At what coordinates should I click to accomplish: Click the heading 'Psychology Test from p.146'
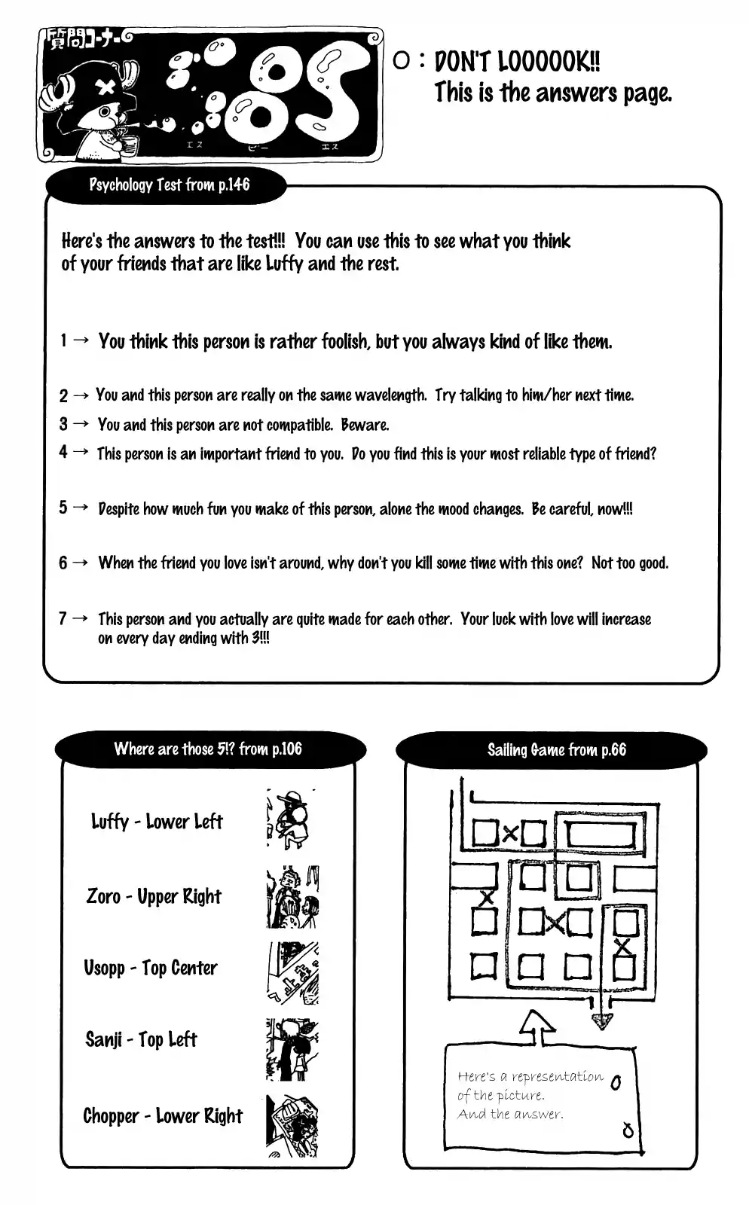(169, 185)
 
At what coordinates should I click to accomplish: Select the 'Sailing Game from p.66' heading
(556, 749)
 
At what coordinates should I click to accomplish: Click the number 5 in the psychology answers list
(63, 508)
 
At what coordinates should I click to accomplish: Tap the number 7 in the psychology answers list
(63, 618)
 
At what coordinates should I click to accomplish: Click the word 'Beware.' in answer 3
(365, 425)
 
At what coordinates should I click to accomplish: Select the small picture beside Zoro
(292, 897)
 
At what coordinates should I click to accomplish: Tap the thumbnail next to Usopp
(292, 972)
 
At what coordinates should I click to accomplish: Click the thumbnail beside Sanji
(292, 1049)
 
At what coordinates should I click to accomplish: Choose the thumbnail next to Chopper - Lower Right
(292, 1126)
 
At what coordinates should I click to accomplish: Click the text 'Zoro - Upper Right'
(154, 896)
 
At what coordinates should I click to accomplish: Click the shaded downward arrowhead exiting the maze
(601, 1021)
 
